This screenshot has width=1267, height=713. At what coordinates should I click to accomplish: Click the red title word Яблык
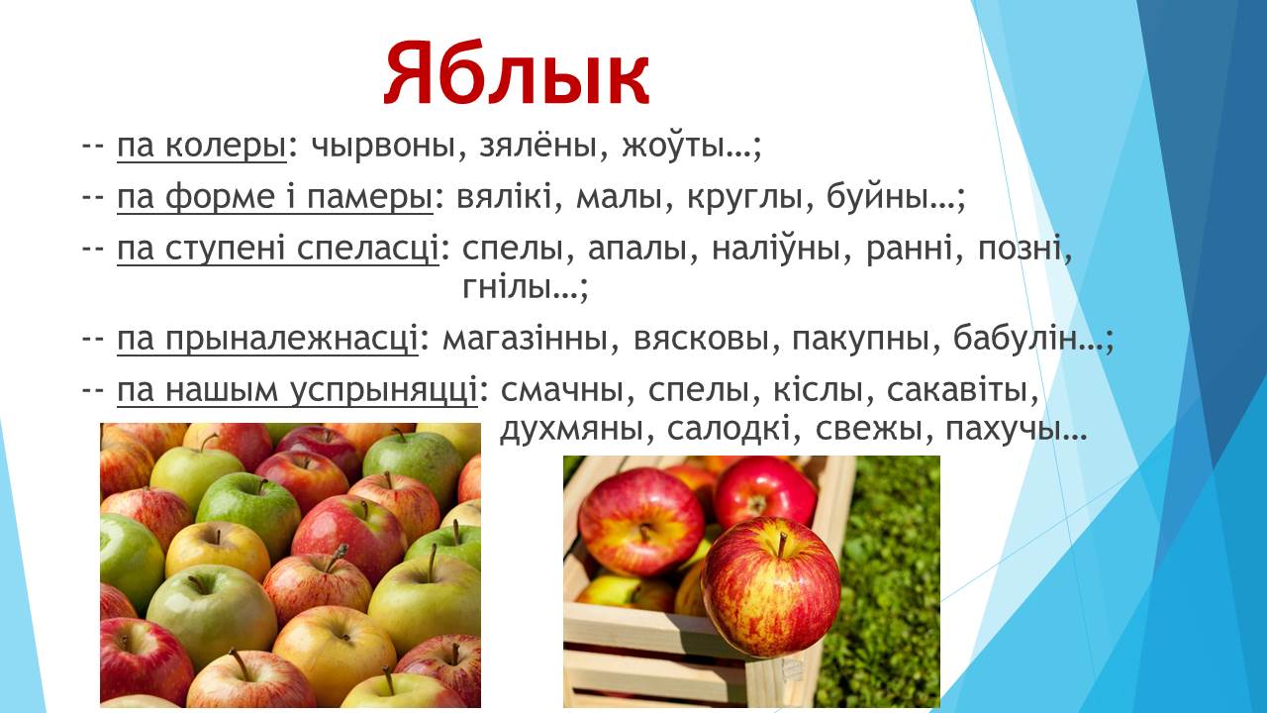(517, 73)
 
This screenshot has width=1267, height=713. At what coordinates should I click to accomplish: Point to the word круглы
(745, 198)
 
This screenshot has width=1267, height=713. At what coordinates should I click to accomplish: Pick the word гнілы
(508, 286)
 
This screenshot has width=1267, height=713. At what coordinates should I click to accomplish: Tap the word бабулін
(1015, 338)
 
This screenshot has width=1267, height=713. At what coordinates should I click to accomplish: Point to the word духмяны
(571, 430)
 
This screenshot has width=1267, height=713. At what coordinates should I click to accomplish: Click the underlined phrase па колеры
(202, 146)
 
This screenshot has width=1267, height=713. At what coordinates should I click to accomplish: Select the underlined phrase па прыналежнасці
(267, 340)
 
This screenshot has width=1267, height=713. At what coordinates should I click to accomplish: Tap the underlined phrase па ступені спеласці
(278, 249)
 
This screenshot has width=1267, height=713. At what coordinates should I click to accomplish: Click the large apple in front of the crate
(770, 587)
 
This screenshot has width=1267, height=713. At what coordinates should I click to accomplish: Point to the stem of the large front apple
(782, 545)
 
